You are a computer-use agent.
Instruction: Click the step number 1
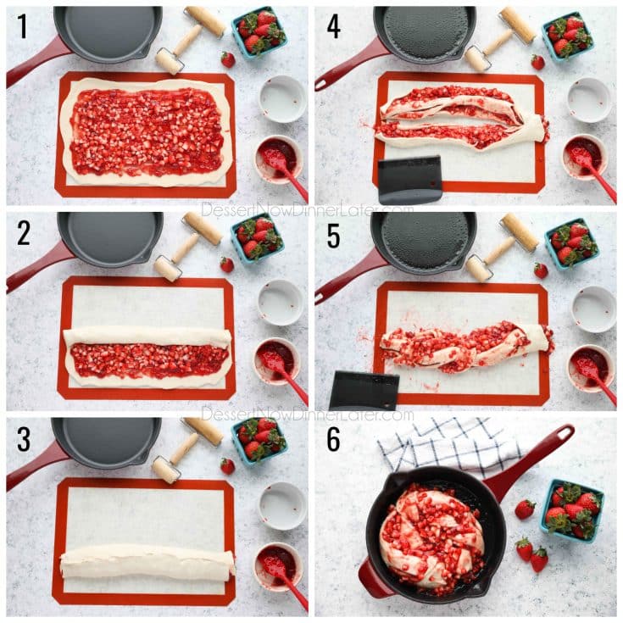click(22, 27)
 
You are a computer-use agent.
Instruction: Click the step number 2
click(24, 233)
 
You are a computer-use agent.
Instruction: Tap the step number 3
click(24, 439)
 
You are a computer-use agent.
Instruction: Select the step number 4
click(333, 27)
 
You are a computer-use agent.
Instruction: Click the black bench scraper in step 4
click(409, 179)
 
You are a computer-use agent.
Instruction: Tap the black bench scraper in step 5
click(364, 389)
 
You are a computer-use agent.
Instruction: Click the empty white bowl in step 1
click(282, 98)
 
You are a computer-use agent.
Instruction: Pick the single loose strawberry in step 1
click(228, 59)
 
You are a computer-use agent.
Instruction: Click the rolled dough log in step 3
click(147, 562)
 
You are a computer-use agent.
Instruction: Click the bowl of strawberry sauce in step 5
click(590, 367)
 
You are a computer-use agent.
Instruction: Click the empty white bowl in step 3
click(282, 506)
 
